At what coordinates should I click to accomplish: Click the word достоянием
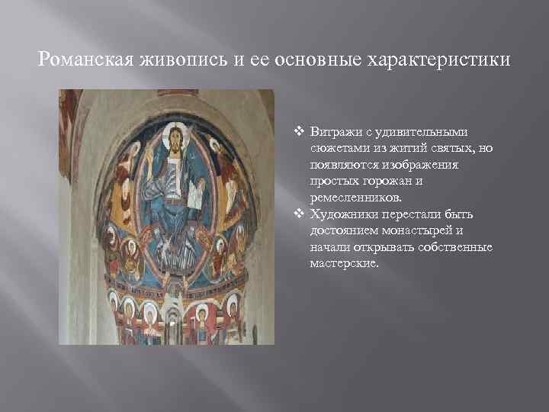[x=345, y=230]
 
